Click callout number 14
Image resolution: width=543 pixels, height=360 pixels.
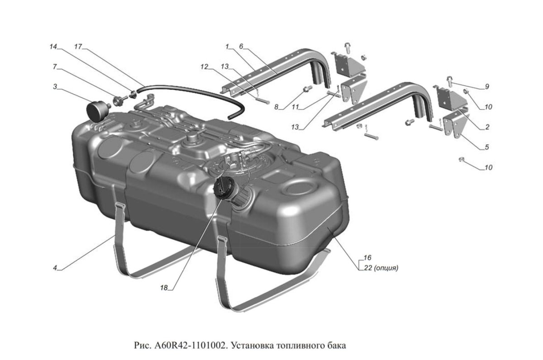pyautogui.click(x=54, y=47)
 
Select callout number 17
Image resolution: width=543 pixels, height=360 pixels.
pyautogui.click(x=78, y=47)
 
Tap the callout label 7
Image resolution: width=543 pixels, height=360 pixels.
pyautogui.click(x=54, y=66)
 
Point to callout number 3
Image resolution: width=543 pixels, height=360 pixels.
pyautogui.click(x=54, y=86)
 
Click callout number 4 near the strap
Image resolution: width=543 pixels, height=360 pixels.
pyautogui.click(x=55, y=268)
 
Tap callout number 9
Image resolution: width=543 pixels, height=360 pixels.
pyautogui.click(x=486, y=86)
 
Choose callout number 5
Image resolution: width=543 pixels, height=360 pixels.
pyautogui.click(x=487, y=147)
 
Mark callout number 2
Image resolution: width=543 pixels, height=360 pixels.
pyautogui.click(x=487, y=127)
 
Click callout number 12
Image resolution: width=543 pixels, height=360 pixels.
pyautogui.click(x=205, y=66)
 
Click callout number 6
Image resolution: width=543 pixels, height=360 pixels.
pyautogui.click(x=241, y=47)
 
